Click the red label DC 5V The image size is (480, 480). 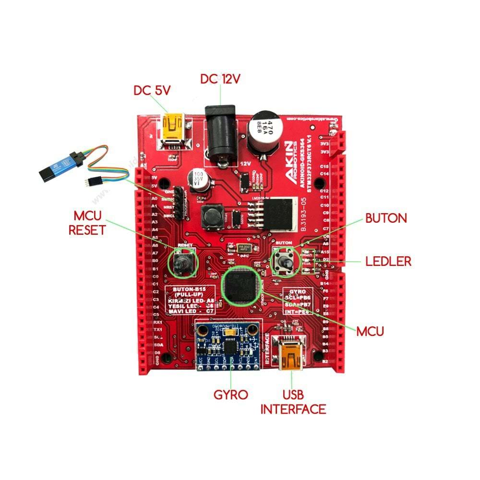tap(153, 90)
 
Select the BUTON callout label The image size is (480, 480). tap(386, 218)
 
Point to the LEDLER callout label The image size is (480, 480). tap(388, 262)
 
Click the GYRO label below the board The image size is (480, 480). tap(231, 395)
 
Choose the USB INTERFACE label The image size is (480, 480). tap(293, 402)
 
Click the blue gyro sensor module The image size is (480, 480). tap(229, 346)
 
